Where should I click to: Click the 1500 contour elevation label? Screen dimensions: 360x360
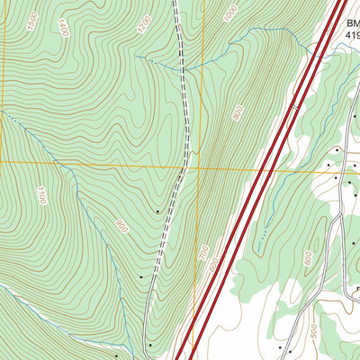(33, 18)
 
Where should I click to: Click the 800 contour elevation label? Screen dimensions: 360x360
(238, 114)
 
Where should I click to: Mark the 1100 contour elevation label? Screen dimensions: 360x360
(41, 196)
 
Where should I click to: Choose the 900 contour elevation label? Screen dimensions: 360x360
(121, 225)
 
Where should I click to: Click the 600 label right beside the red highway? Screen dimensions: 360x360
(213, 266)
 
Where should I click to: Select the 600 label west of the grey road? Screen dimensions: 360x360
(309, 257)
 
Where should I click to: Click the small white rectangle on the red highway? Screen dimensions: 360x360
(294, 109)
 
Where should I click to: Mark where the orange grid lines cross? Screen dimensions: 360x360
(202, 167)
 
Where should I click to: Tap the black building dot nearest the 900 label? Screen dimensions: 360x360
(158, 211)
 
